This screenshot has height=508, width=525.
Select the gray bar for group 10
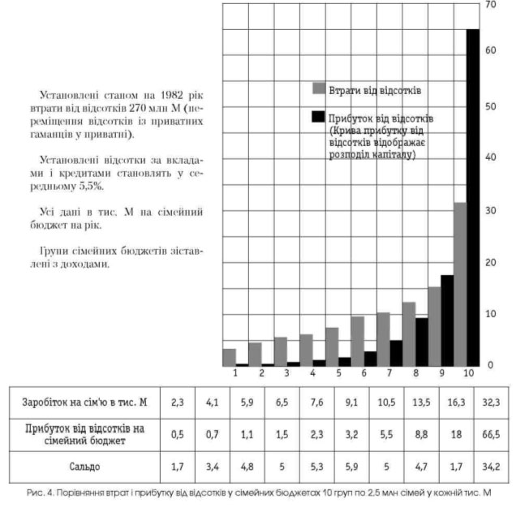(x=459, y=284)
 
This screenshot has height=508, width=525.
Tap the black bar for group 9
(x=447, y=321)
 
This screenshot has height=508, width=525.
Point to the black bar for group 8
(x=421, y=342)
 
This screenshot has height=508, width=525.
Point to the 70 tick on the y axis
(x=489, y=5)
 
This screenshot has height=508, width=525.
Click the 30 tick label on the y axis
(x=489, y=211)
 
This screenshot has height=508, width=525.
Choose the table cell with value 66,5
(x=492, y=435)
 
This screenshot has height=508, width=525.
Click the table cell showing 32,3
(x=492, y=401)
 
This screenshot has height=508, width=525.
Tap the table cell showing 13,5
(x=420, y=401)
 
